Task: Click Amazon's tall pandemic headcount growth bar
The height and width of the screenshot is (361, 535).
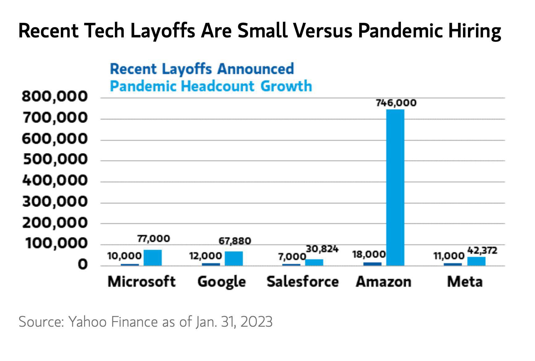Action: click(x=395, y=187)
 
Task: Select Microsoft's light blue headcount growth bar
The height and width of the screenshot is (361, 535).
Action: click(x=153, y=258)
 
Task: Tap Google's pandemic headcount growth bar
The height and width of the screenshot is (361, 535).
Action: click(x=234, y=258)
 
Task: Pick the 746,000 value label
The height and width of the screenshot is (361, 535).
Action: click(x=396, y=103)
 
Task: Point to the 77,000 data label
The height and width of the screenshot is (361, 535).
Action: click(x=154, y=239)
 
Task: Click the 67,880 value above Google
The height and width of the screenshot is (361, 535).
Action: click(x=235, y=241)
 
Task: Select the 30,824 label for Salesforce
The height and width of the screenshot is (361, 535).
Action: click(x=322, y=249)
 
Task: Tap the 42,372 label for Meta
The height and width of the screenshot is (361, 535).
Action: click(x=482, y=250)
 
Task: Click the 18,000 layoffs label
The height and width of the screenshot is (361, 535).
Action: click(x=369, y=254)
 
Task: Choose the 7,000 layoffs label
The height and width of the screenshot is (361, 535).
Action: click(x=292, y=257)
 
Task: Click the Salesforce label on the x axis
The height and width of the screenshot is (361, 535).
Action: click(x=302, y=282)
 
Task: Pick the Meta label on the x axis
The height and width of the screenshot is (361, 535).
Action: click(x=465, y=282)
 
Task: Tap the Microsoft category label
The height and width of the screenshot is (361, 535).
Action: click(x=141, y=282)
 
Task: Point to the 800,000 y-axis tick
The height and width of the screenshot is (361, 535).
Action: click(x=55, y=97)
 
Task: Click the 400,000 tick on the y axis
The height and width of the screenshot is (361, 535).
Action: click(x=55, y=180)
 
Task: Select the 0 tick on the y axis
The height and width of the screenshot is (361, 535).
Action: click(x=82, y=265)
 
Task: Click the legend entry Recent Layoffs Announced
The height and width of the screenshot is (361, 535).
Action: click(x=202, y=69)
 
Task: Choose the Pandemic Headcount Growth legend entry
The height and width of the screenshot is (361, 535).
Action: click(x=211, y=86)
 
